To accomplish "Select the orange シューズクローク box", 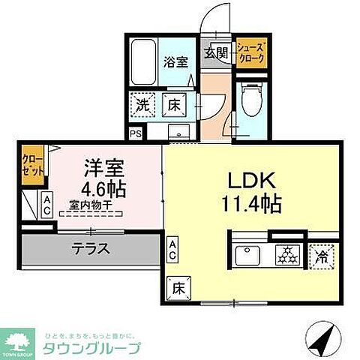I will [250, 55].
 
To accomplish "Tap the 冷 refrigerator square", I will [321, 255].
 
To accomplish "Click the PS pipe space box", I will [135, 134].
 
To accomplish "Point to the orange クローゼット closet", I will [31, 163].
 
